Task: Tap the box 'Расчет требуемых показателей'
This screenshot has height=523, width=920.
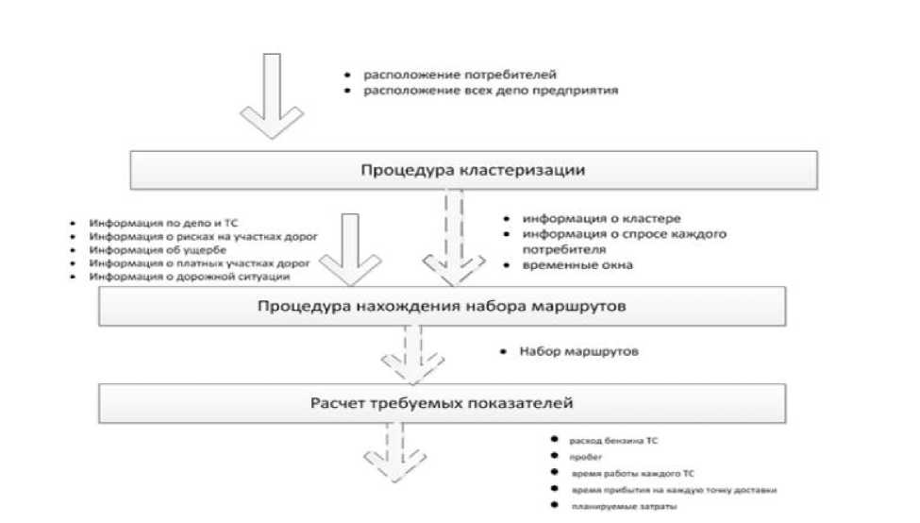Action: point(442,404)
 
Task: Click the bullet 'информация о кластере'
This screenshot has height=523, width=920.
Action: point(594,218)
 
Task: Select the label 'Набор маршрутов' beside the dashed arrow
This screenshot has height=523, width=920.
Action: point(578,352)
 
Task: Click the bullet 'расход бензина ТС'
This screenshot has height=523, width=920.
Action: point(614,441)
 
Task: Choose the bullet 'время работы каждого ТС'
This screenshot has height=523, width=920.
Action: point(631,474)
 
